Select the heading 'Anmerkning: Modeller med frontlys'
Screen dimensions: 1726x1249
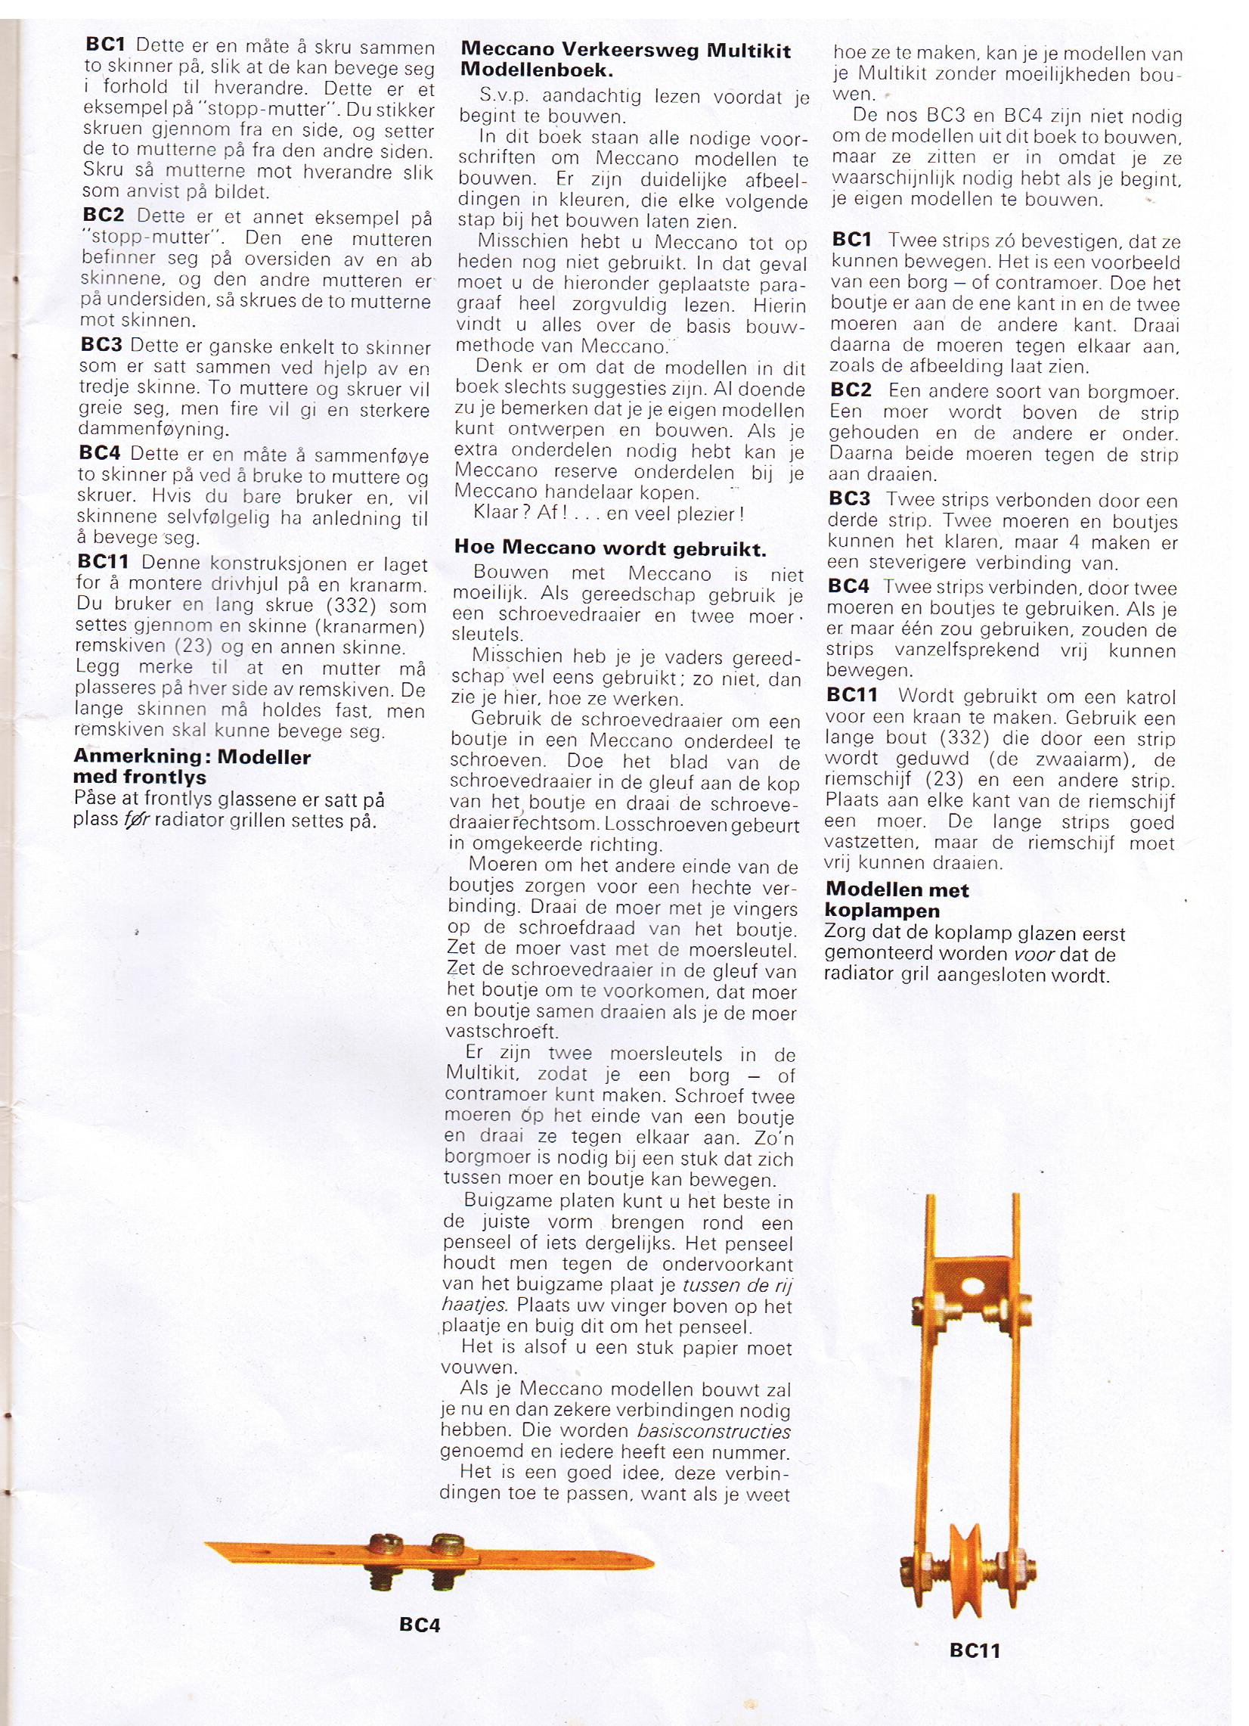[192, 766]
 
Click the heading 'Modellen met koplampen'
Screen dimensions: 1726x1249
[897, 899]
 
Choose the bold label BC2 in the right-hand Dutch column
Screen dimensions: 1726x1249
[851, 390]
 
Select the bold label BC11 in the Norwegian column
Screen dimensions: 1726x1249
[104, 563]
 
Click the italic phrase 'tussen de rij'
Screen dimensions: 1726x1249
[737, 1285]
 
